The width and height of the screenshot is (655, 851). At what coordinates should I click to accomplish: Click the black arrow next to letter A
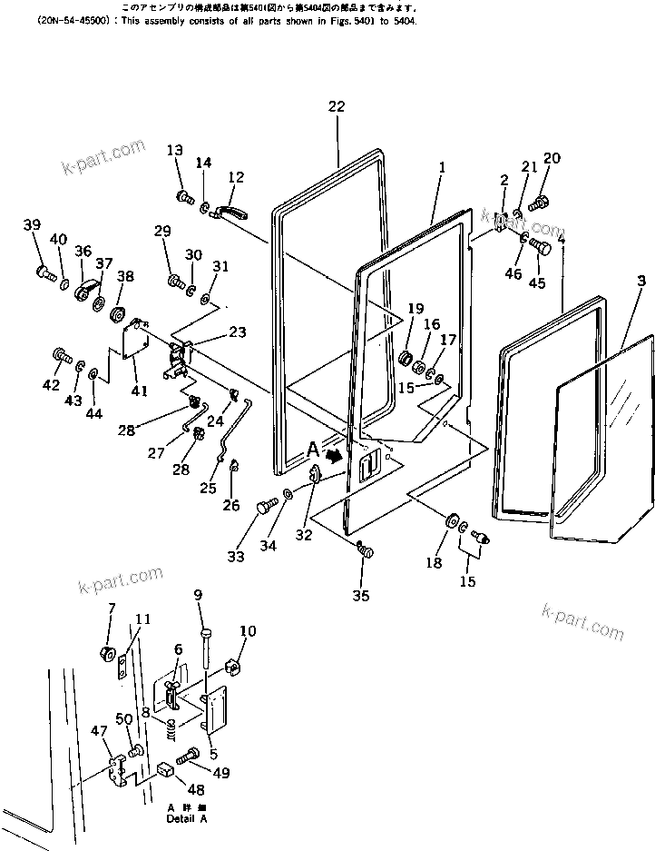click(336, 454)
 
